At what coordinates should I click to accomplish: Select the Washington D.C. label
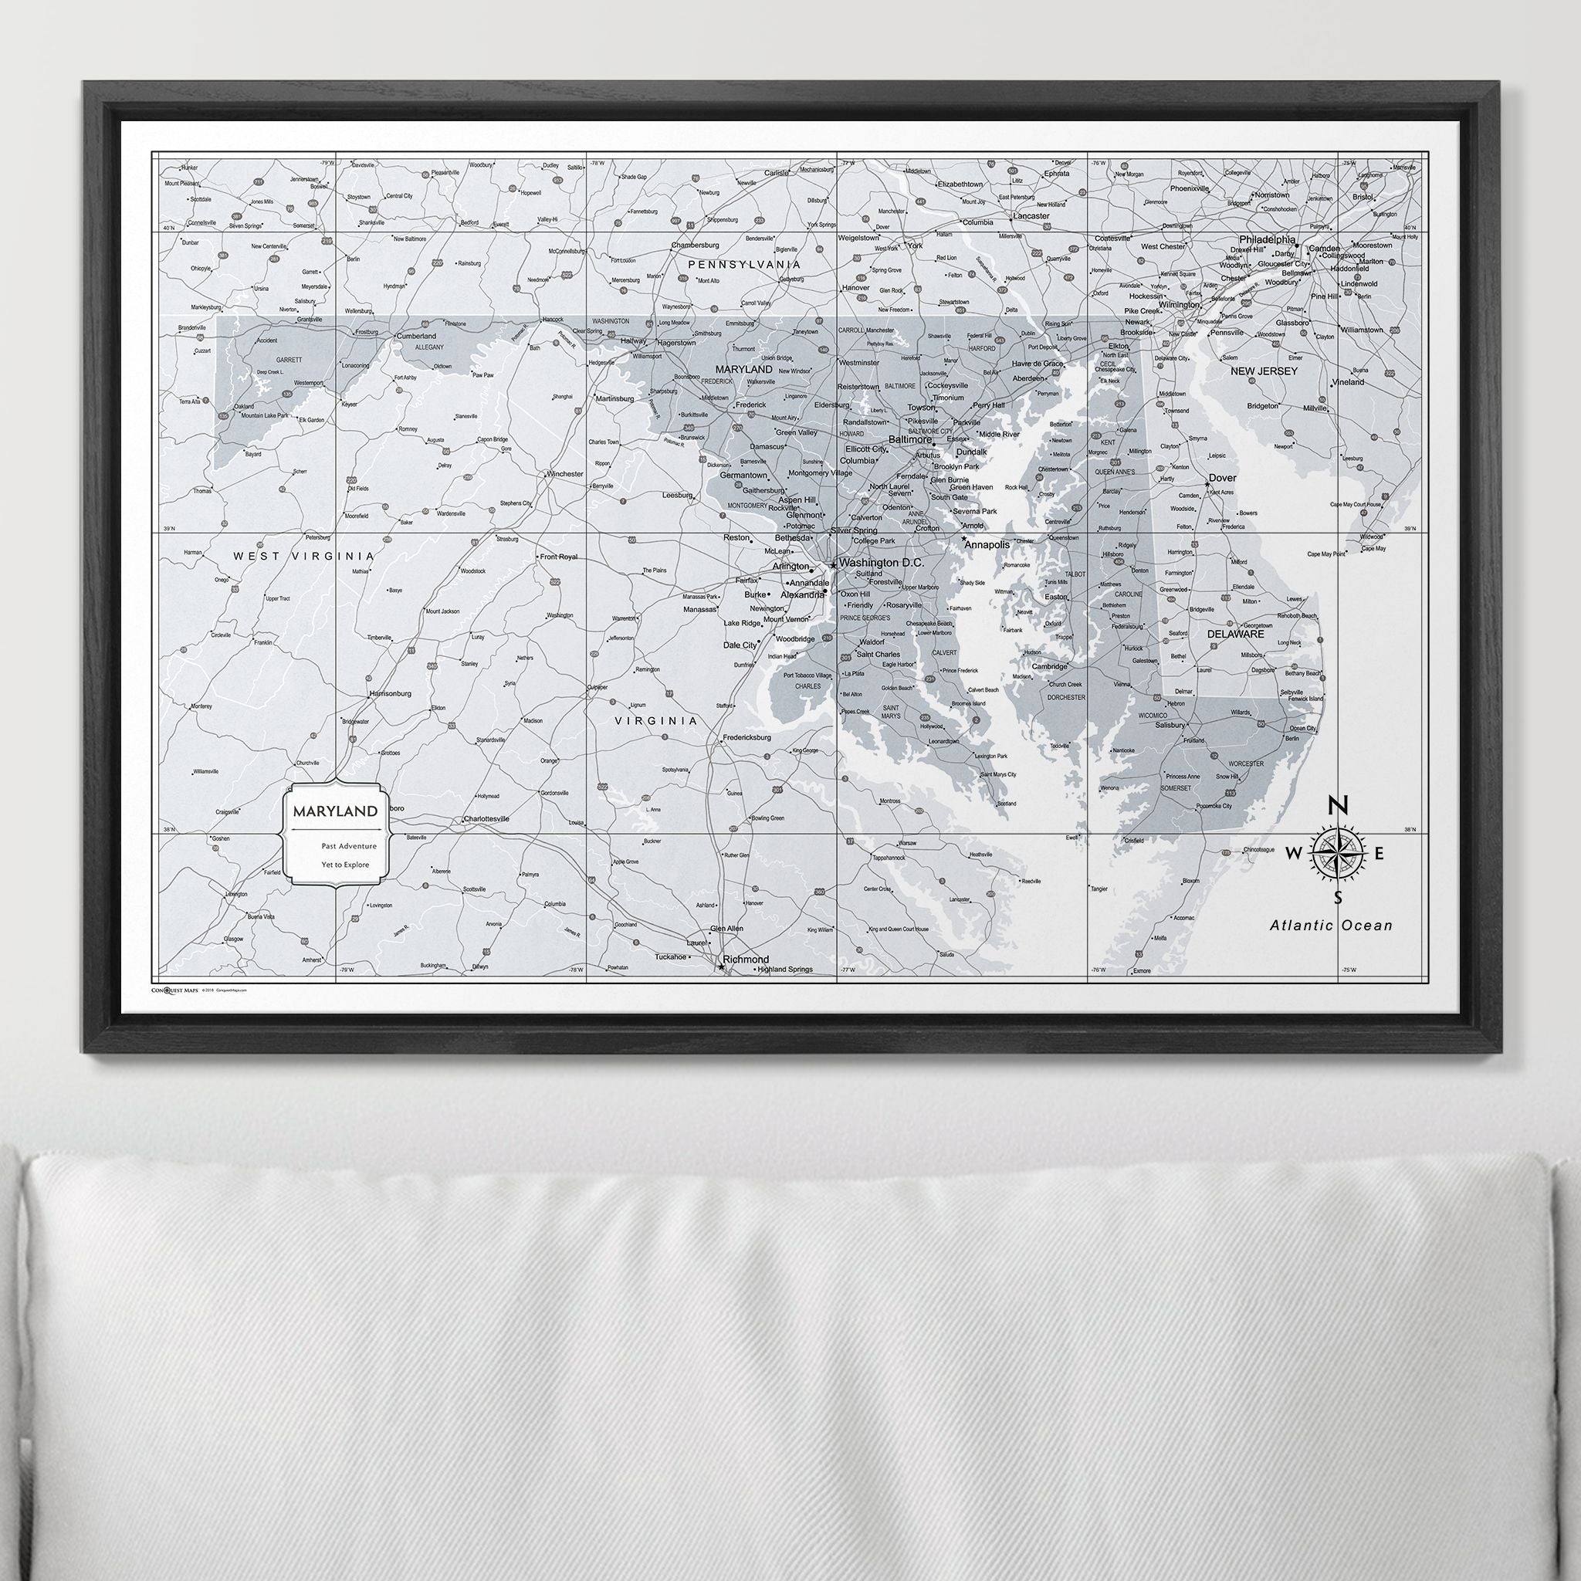pos(882,563)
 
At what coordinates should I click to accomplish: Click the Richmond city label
pos(746,959)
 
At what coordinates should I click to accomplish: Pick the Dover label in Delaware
pos(1223,477)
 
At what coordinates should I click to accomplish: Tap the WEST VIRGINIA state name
pos(303,556)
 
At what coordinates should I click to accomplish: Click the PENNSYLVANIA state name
pos(744,264)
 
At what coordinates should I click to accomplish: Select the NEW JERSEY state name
pos(1264,371)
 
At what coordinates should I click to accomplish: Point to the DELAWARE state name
pos(1240,633)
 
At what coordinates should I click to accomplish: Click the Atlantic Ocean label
pos(1331,926)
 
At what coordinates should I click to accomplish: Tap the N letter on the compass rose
pos(1336,806)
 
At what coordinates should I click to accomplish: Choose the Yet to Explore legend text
pos(345,865)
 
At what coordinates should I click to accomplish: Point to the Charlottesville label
pos(486,818)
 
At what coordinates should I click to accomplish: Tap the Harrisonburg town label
pos(391,693)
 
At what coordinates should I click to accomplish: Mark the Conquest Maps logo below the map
pos(175,990)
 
